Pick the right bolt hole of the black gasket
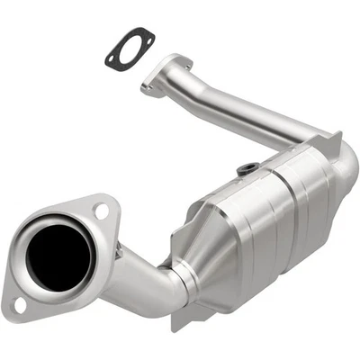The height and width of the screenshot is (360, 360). click(146, 37)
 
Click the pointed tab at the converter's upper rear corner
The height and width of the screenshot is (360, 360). click(335, 141)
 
